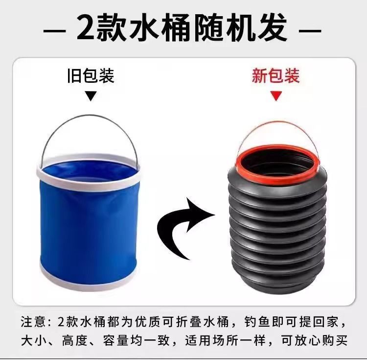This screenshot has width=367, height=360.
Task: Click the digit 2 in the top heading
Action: [x=86, y=27]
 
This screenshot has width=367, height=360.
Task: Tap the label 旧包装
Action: [x=91, y=75]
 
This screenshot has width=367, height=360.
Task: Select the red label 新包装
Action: [x=275, y=75]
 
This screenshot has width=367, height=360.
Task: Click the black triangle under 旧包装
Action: [x=91, y=96]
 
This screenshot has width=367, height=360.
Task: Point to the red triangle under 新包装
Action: [x=276, y=96]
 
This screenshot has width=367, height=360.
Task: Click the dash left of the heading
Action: [x=54, y=31]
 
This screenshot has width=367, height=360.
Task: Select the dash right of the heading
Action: [x=310, y=31]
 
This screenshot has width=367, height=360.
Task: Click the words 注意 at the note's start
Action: [x=33, y=322]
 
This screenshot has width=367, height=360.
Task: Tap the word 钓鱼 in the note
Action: [x=257, y=322]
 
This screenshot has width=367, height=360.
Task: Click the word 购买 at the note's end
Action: [x=335, y=340]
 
